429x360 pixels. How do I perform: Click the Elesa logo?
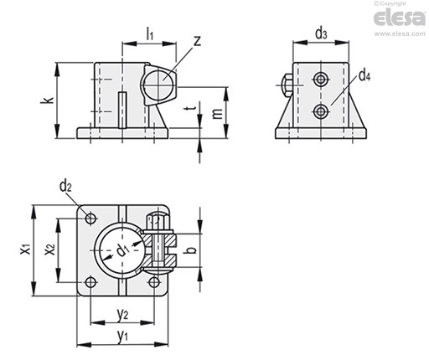click(x=400, y=18)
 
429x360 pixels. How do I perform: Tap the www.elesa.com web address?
click(x=400, y=33)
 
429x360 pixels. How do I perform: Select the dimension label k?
click(x=48, y=100)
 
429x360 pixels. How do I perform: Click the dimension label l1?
click(x=150, y=34)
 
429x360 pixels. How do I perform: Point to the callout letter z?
click(x=197, y=41)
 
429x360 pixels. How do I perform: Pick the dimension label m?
click(x=217, y=113)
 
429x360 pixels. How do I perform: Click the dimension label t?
click(x=191, y=107)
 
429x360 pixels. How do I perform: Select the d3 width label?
click(x=321, y=33)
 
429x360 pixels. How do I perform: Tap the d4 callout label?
click(x=364, y=75)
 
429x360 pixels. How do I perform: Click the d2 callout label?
click(x=65, y=186)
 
